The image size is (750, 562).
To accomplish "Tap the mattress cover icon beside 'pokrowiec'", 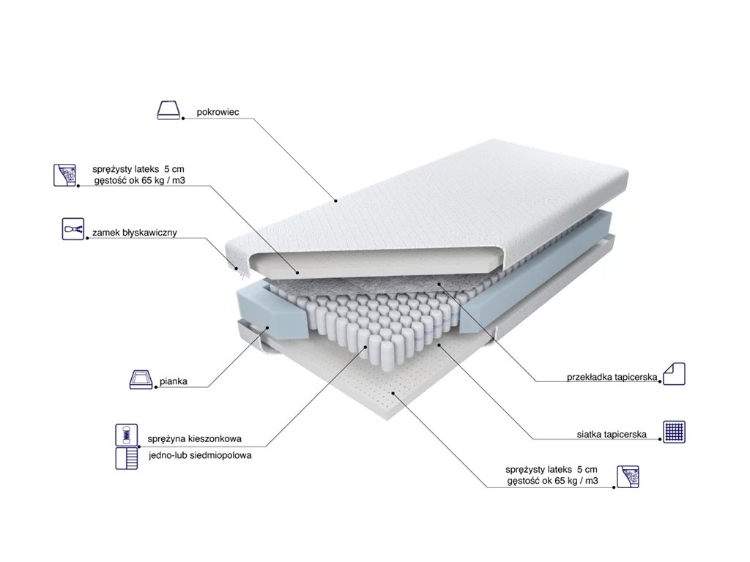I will [168, 110].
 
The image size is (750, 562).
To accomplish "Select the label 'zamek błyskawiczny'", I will [135, 233].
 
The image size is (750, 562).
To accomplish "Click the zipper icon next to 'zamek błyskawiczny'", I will [72, 228].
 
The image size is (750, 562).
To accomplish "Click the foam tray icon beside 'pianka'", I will [141, 380].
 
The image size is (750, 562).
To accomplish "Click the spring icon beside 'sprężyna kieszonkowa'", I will [126, 435].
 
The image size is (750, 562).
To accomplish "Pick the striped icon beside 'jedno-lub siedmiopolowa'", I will [126, 459].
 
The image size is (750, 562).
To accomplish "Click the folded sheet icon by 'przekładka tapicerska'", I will [675, 374].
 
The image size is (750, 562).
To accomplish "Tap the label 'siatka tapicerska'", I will [611, 434].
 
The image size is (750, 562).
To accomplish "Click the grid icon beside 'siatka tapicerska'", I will [675, 431].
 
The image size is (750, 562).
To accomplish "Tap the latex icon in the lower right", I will [628, 476].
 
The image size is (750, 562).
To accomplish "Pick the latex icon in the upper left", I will [66, 174].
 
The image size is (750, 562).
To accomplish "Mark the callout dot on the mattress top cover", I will [335, 200].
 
